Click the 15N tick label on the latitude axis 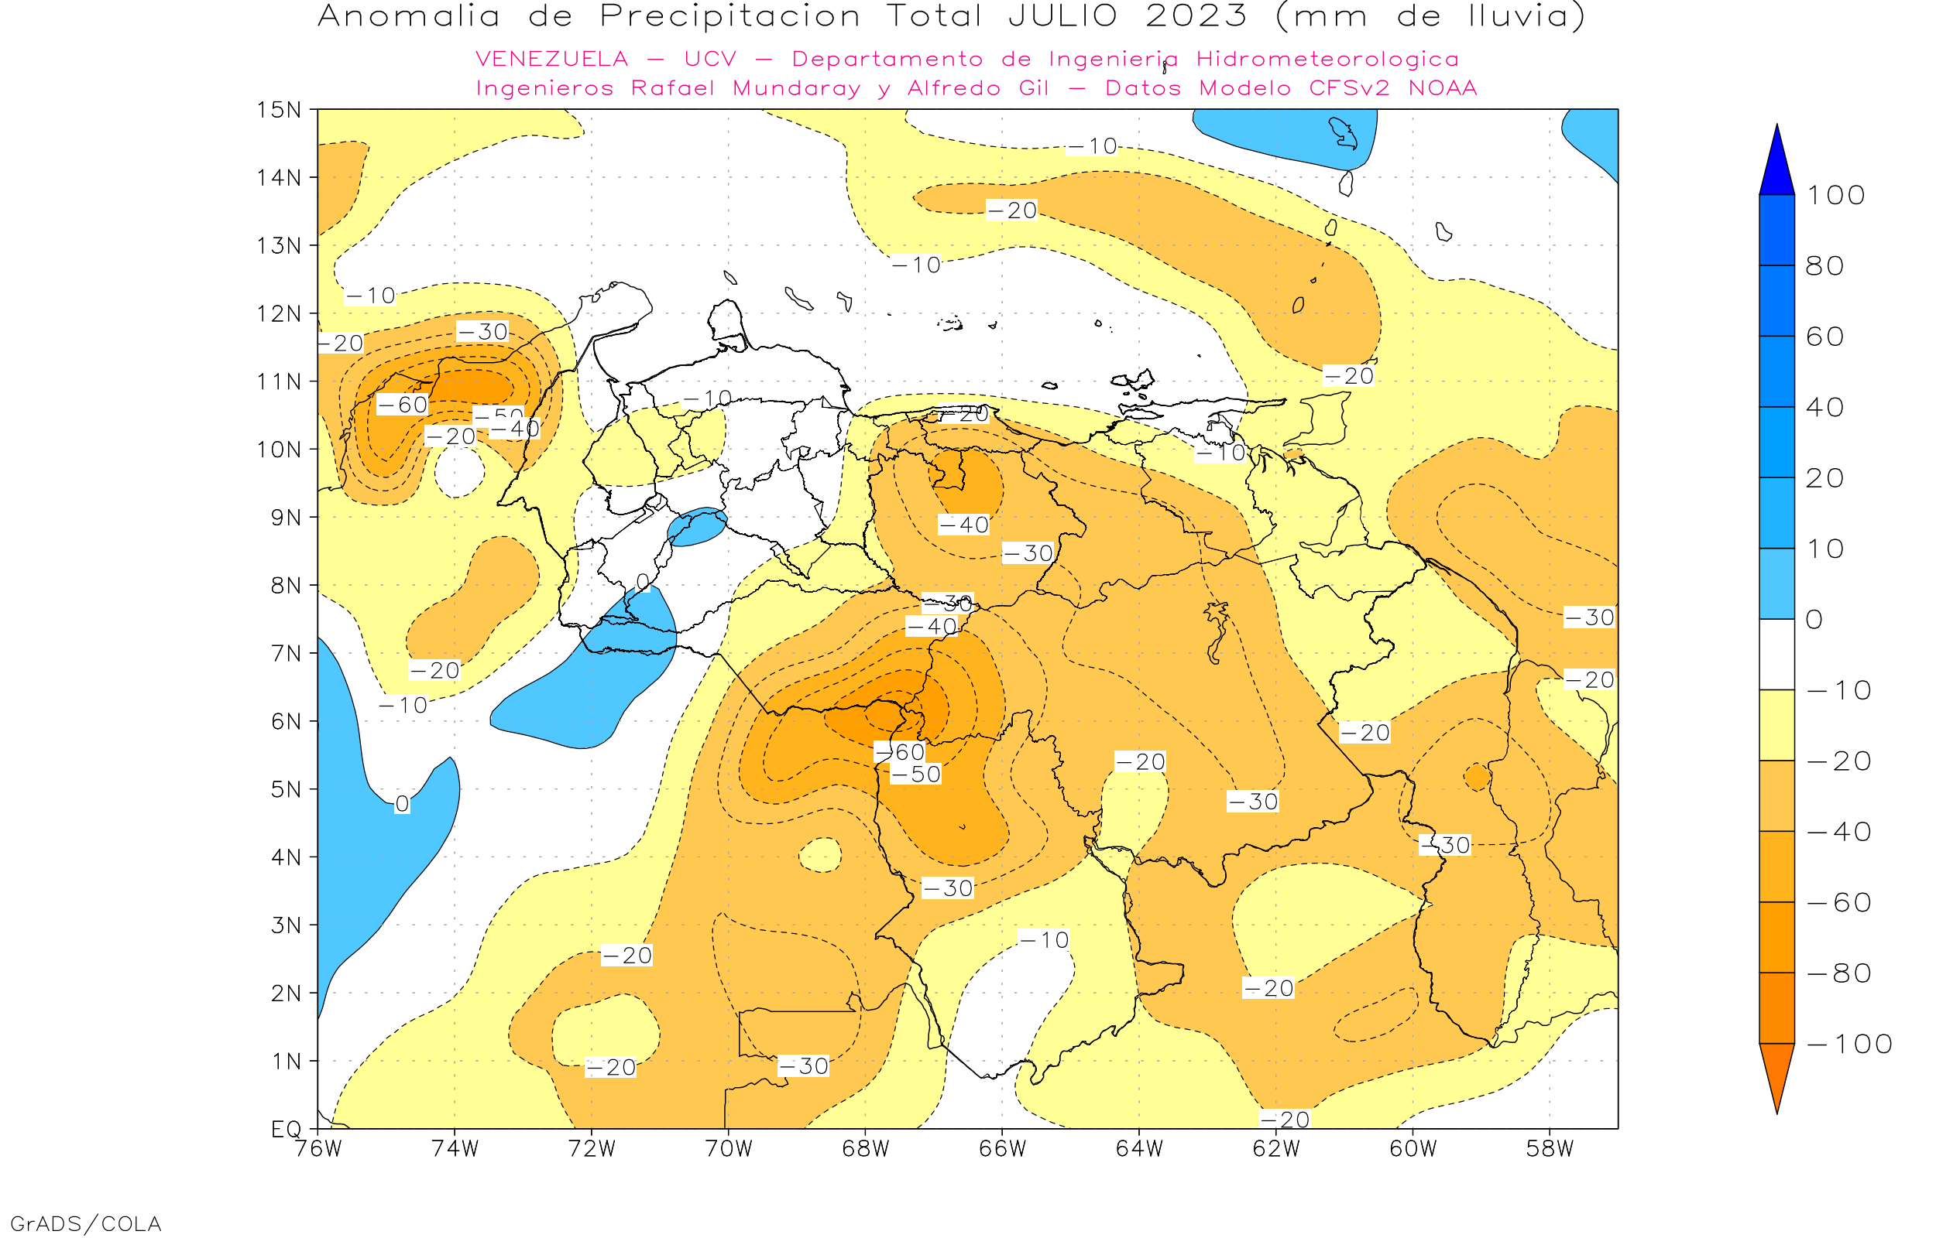point(278,109)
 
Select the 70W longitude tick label point(728,1149)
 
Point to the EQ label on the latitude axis point(287,1129)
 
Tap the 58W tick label point(1550,1149)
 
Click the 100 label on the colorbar point(1835,195)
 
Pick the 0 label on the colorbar point(1814,620)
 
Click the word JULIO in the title point(1062,16)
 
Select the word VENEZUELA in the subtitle point(552,60)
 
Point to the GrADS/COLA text point(86,1223)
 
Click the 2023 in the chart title point(1196,16)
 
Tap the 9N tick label point(286,517)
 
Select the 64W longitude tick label point(1139,1149)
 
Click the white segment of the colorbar point(1776,655)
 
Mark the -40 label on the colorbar point(1838,832)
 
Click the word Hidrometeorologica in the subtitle point(1327,60)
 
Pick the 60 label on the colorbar point(1824,337)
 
